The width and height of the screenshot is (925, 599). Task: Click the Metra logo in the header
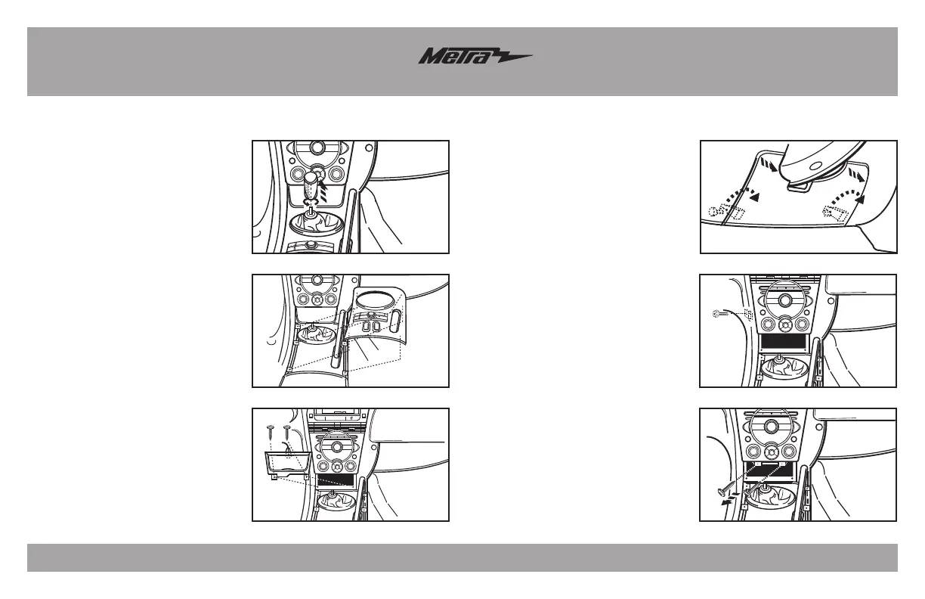(475, 58)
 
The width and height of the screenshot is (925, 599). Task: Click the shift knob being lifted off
(314, 185)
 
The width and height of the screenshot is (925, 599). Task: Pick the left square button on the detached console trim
(366, 328)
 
